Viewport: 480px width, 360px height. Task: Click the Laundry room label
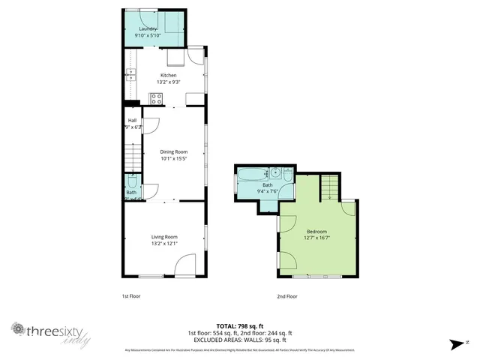tap(146, 29)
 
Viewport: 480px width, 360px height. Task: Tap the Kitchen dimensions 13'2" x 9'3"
tap(167, 81)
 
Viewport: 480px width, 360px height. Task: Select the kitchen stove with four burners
tap(156, 97)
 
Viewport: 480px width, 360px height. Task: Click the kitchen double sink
tap(131, 73)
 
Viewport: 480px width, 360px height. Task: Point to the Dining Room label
tap(173, 151)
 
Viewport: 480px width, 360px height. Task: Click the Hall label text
tap(132, 120)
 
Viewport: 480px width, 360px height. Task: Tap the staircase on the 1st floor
tap(131, 158)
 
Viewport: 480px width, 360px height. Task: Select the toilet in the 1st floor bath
tap(132, 181)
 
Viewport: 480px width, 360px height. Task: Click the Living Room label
tap(164, 237)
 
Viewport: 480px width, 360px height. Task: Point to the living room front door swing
tap(184, 265)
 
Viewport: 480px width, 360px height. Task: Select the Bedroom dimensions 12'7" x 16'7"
tap(316, 238)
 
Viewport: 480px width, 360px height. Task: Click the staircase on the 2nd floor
tap(330, 185)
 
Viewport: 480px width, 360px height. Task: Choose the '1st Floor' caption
tap(131, 296)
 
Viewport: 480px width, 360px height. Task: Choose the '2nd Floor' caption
tap(287, 296)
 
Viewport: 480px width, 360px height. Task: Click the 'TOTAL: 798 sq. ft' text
tap(239, 325)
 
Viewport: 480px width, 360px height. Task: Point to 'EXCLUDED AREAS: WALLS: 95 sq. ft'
tap(239, 339)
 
